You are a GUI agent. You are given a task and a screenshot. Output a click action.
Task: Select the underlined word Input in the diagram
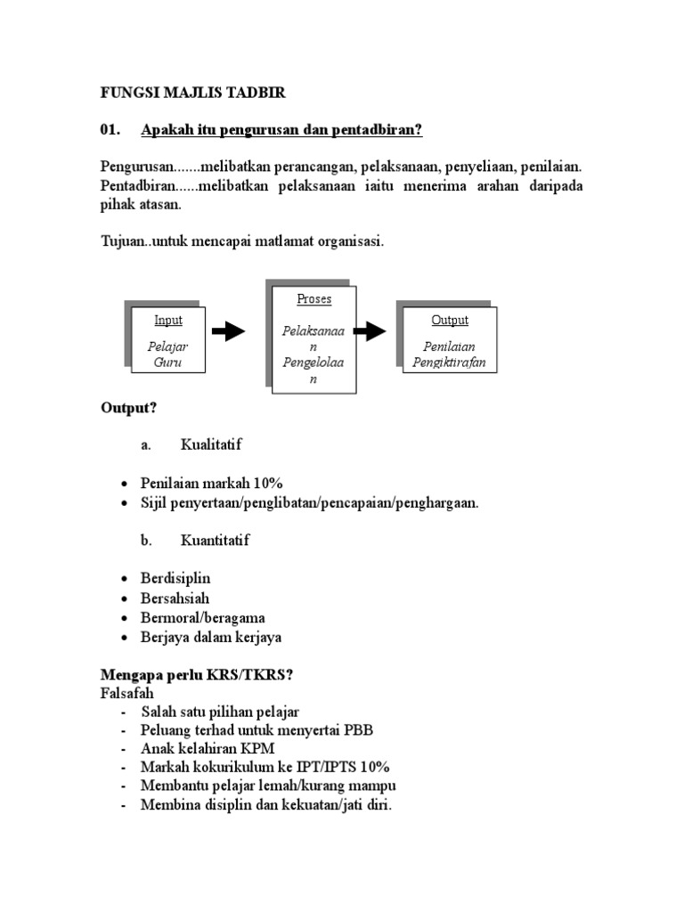pyautogui.click(x=168, y=321)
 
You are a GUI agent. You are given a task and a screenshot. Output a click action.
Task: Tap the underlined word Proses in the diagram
pyautogui.click(x=313, y=299)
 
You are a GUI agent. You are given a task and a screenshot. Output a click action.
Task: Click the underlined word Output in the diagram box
pyautogui.click(x=450, y=321)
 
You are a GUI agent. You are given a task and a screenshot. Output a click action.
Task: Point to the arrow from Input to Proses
pyautogui.click(x=229, y=331)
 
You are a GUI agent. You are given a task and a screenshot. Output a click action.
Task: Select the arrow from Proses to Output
pyautogui.click(x=370, y=331)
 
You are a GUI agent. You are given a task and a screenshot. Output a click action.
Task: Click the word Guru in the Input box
pyautogui.click(x=168, y=362)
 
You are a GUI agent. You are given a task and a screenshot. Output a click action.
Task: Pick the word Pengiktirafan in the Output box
pyautogui.click(x=450, y=362)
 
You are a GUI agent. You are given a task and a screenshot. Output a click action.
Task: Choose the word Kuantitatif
pyautogui.click(x=215, y=541)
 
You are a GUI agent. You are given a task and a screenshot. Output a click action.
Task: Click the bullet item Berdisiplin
pyautogui.click(x=175, y=578)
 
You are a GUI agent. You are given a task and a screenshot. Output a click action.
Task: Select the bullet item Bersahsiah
pyautogui.click(x=175, y=598)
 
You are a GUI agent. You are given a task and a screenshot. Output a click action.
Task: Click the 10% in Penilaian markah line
pyautogui.click(x=267, y=483)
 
